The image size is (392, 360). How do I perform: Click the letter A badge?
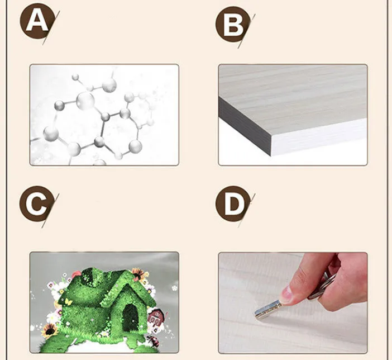click(37, 21)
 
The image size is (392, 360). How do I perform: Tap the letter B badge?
click(233, 24)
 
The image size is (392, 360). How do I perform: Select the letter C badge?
click(37, 203)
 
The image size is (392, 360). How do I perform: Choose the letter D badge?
click(233, 203)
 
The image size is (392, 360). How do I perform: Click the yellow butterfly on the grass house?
click(68, 302)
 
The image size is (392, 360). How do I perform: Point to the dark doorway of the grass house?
click(130, 318)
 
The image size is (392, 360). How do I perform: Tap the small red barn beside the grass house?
click(155, 318)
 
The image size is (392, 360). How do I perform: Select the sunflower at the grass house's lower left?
click(50, 331)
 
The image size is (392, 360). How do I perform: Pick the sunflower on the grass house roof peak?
click(138, 274)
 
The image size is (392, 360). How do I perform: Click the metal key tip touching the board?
click(257, 314)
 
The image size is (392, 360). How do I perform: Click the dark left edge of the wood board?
click(245, 127)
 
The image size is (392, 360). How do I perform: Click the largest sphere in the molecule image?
click(85, 101)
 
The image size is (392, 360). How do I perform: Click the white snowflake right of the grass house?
click(174, 288)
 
